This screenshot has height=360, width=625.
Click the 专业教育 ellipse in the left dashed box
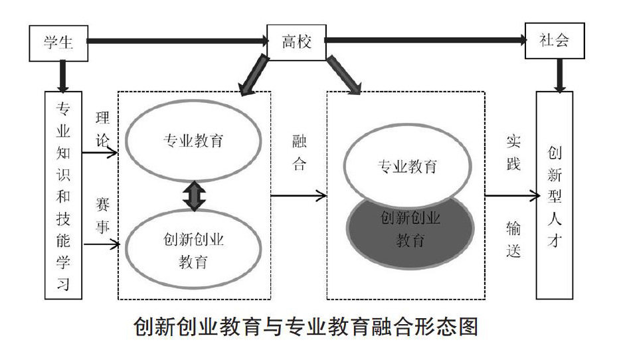(x=193, y=141)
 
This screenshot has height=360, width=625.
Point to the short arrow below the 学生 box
(x=62, y=74)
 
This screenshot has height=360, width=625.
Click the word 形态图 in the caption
(x=450, y=327)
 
